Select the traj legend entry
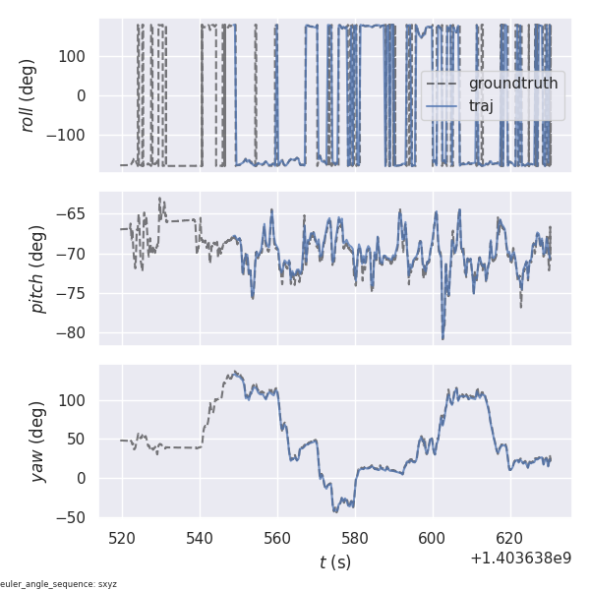pos(481,106)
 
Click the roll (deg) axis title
pos(29,94)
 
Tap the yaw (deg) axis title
pos(37,441)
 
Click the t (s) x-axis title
pos(334,562)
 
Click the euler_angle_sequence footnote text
pos(59,584)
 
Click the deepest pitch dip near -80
pos(442,338)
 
